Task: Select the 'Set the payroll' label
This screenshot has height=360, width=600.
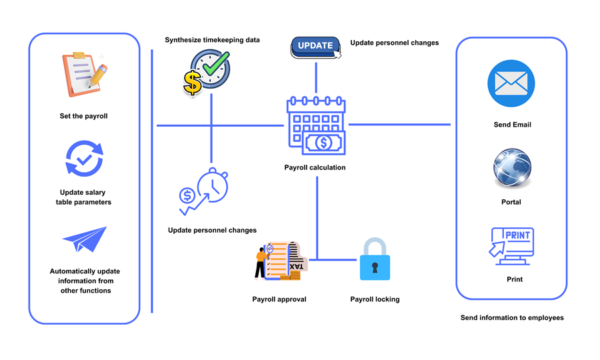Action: (83, 116)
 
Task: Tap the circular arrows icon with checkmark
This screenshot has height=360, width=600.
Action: (84, 159)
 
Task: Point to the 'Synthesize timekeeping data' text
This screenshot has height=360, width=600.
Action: (212, 41)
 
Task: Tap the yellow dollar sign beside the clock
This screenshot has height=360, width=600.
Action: (193, 83)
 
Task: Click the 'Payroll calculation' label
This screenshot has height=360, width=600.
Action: (315, 167)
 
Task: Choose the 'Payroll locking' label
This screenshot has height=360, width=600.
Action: (375, 299)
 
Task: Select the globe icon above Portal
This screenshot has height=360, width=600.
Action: (512, 169)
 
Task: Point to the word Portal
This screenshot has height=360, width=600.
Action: (511, 202)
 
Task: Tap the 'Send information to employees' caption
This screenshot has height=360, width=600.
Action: (512, 318)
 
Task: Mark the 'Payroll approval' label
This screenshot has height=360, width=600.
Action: (279, 299)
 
